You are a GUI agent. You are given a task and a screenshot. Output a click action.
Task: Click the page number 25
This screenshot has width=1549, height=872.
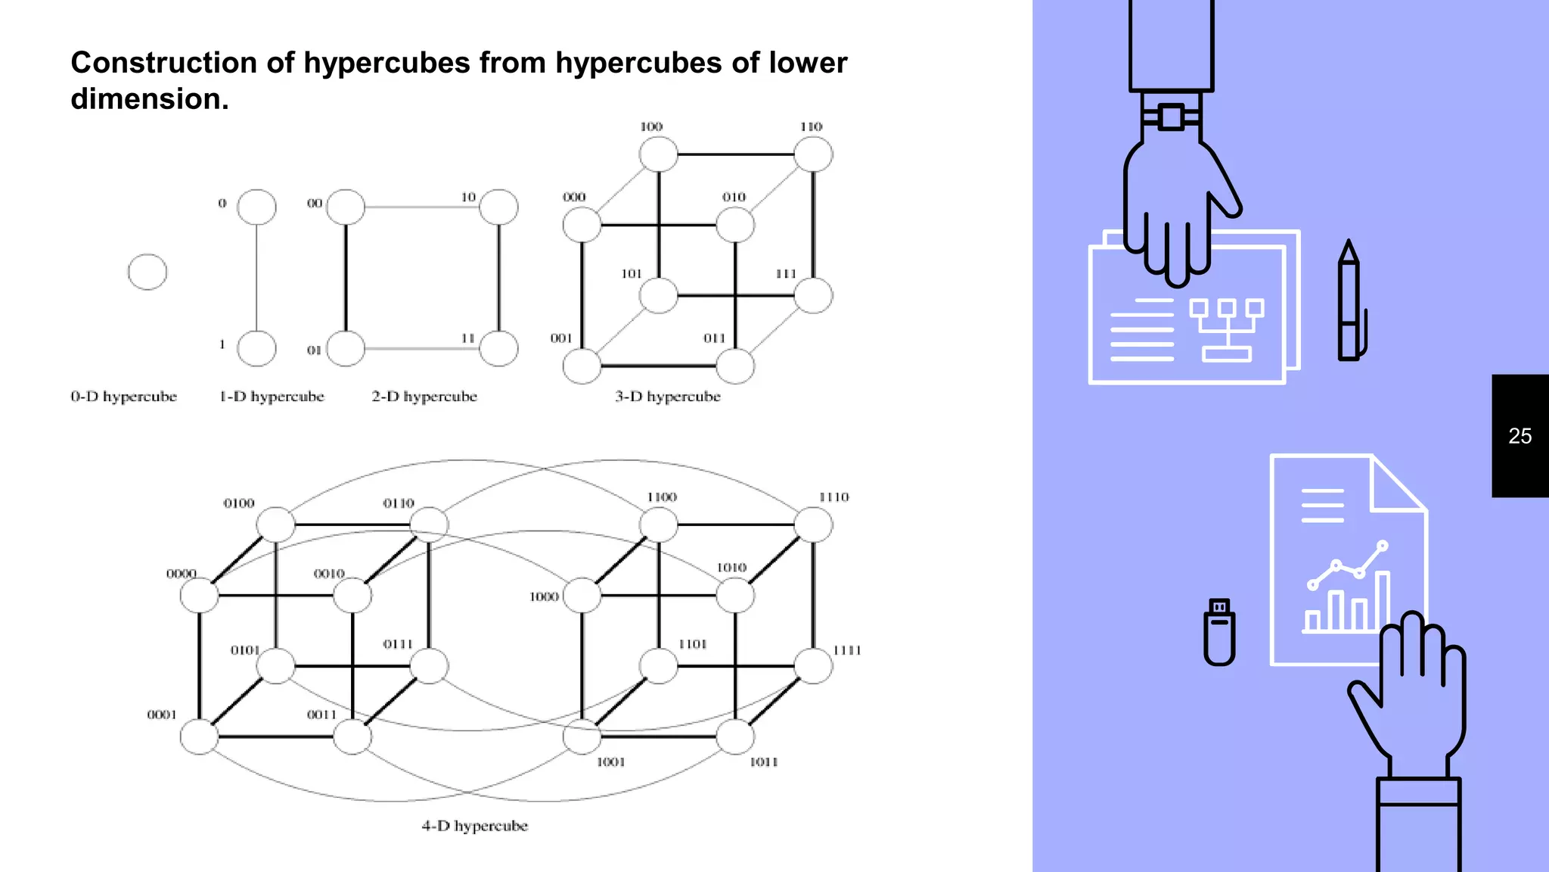(1520, 436)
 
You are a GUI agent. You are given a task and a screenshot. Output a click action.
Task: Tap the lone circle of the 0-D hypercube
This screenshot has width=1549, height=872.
(147, 272)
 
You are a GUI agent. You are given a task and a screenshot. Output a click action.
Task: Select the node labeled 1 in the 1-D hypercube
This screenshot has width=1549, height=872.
(256, 349)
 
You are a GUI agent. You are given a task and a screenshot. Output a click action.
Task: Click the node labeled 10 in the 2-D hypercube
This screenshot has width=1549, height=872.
(498, 207)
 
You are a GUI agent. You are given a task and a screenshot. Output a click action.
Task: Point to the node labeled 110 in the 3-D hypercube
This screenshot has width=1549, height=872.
(813, 154)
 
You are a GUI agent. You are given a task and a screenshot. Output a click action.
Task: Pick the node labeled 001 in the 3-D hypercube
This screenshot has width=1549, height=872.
(582, 366)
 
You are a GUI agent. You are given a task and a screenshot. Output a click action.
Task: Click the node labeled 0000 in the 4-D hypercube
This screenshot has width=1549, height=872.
(199, 596)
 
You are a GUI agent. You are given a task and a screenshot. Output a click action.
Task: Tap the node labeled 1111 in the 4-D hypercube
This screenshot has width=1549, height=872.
(813, 666)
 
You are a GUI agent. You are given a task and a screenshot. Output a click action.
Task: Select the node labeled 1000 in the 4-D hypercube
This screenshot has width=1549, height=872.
(582, 596)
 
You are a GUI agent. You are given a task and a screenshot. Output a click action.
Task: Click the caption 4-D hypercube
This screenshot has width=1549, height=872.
(474, 826)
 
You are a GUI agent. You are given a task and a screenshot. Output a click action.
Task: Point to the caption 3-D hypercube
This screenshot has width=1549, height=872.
(667, 397)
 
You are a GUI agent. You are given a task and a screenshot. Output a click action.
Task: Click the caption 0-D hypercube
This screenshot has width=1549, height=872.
(123, 397)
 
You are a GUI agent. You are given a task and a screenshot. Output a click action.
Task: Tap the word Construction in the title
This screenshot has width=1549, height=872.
(163, 63)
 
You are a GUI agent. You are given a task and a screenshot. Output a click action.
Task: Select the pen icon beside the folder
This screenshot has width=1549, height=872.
(1349, 303)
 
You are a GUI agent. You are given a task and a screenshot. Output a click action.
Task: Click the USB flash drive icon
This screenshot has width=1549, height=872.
(1219, 633)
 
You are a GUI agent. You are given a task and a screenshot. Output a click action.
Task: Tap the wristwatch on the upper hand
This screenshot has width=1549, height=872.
(1171, 117)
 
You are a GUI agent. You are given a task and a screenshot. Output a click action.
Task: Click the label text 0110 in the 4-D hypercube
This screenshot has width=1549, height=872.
(399, 503)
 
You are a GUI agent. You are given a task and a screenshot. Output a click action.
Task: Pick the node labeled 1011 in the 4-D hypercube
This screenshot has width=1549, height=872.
(734, 737)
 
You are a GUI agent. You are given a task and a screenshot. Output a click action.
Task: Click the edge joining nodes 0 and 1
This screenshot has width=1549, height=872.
(256, 278)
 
